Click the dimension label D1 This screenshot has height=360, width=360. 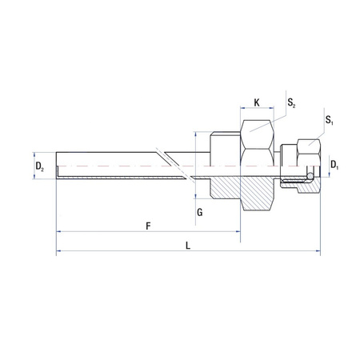click(335, 166)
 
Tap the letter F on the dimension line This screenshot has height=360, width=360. click(149, 226)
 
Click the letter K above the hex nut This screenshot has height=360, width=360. click(256, 102)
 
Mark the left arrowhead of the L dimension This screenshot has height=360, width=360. click(58, 253)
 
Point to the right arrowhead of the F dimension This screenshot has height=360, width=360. click(238, 232)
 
